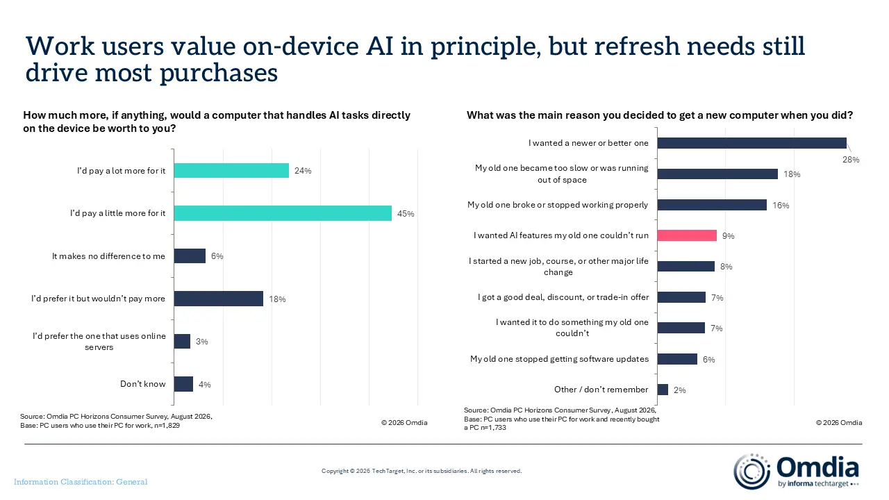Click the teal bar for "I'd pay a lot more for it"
coord(231,171)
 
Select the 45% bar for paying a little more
coord(283,213)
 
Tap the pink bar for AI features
coord(687,235)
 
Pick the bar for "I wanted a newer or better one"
coord(752,143)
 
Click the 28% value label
coord(851,160)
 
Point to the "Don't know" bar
coord(184,384)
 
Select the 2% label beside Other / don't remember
coord(680,390)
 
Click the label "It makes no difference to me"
coord(108,256)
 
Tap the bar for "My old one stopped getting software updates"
coord(677,359)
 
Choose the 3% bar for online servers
coord(182,341)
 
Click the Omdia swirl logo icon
coord(751,472)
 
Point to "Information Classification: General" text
coord(81,482)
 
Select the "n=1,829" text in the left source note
coord(167,426)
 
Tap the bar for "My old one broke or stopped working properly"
coord(712,205)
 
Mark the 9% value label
coord(729,236)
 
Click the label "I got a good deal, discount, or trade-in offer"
coord(563,297)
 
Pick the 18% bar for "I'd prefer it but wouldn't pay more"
coord(219,299)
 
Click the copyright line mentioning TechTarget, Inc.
coord(422,471)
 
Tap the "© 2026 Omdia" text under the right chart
coord(839,423)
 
